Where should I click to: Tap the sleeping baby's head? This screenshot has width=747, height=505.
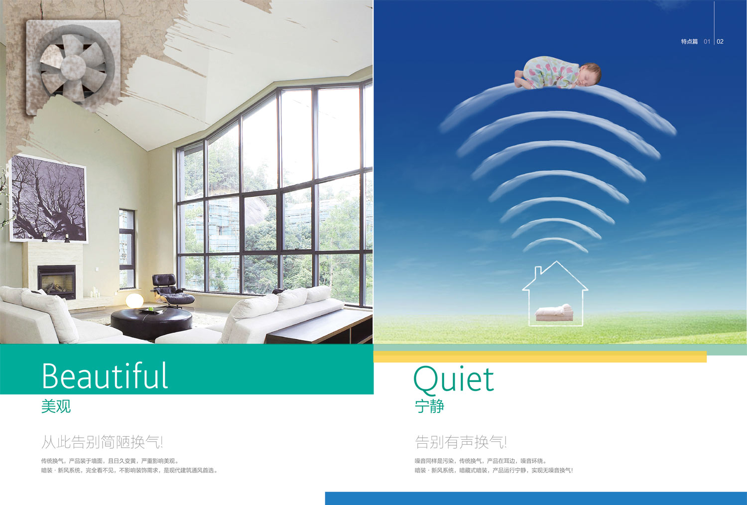pos(590,73)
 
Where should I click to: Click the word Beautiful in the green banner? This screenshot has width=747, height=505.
pos(105,376)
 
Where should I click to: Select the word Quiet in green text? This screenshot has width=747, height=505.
pos(454,380)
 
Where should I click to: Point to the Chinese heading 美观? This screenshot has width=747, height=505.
pos(56,406)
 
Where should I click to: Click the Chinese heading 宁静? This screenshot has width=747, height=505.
pos(429,406)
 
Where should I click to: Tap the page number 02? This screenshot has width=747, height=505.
pos(720,42)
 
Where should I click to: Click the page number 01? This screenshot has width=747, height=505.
pos(707,42)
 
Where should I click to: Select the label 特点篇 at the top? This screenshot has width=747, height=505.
pos(689,42)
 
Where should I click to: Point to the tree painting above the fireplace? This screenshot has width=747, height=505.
pos(49,199)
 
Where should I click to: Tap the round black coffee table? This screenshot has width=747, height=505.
pos(151,323)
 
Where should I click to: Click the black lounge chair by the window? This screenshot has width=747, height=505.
pos(171,290)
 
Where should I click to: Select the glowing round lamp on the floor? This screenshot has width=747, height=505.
pos(134,300)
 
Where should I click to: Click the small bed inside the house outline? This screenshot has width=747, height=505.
pos(554,313)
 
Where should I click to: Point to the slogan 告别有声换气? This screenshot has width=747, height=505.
pos(461,442)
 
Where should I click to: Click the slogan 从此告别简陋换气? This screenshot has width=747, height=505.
pos(102,442)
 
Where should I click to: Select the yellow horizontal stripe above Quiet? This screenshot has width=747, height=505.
pos(540,357)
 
